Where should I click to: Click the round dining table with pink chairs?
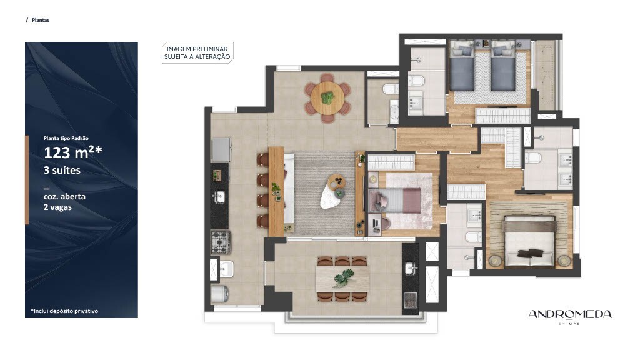pyautogui.click(x=327, y=98)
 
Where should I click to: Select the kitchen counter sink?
pyautogui.click(x=219, y=197)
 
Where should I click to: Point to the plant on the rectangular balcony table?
pyautogui.click(x=343, y=278)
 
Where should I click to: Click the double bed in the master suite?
pyautogui.click(x=530, y=242)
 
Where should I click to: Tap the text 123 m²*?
pyautogui.click(x=72, y=152)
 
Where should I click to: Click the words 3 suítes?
pyautogui.click(x=62, y=170)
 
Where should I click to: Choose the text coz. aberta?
pyautogui.click(x=64, y=196)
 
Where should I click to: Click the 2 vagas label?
pyautogui.click(x=57, y=207)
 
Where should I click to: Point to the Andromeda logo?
pyautogui.click(x=570, y=315)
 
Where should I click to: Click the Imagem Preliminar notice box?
pyautogui.click(x=197, y=52)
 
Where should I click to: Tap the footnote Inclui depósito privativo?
pyautogui.click(x=64, y=311)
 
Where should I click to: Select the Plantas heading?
pyautogui.click(x=41, y=20)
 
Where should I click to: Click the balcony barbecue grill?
pyautogui.click(x=410, y=300)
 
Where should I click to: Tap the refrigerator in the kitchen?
pyautogui.click(x=221, y=150)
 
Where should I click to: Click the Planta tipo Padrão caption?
pyautogui.click(x=66, y=138)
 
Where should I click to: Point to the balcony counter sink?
pyautogui.click(x=410, y=268)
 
